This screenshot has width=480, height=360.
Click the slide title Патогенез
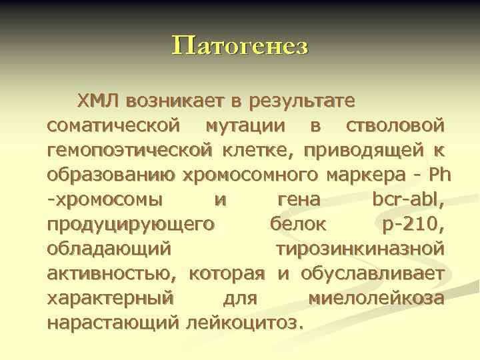[x=240, y=46]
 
